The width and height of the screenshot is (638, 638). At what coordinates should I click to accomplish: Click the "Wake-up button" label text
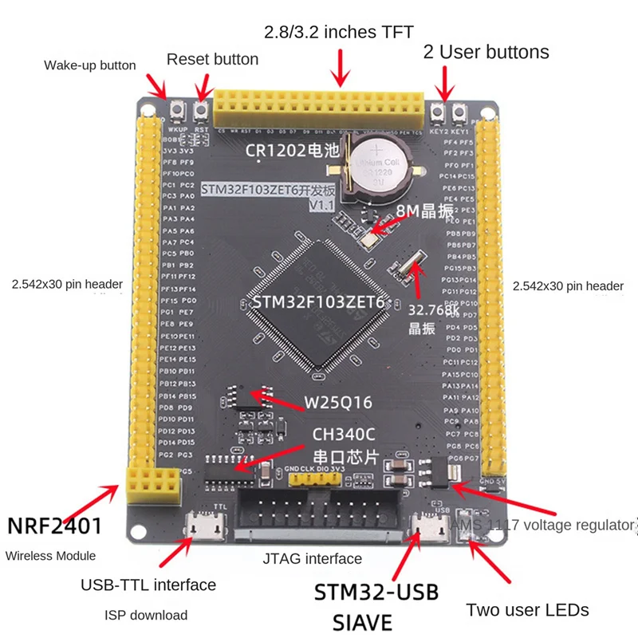click(x=89, y=65)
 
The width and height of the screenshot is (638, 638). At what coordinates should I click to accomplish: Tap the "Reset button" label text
click(x=212, y=59)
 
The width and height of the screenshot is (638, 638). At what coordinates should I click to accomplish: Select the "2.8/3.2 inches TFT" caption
click(x=339, y=33)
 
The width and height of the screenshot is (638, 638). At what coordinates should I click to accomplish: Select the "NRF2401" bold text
click(x=54, y=526)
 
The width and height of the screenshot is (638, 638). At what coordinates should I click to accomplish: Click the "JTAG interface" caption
click(x=312, y=558)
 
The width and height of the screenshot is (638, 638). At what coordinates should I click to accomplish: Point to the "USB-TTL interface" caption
click(x=148, y=585)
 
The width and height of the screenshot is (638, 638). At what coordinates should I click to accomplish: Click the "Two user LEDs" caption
click(x=527, y=610)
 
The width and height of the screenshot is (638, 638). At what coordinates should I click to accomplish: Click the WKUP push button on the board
click(x=179, y=109)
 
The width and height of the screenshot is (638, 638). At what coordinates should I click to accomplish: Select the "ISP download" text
click(x=146, y=615)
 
